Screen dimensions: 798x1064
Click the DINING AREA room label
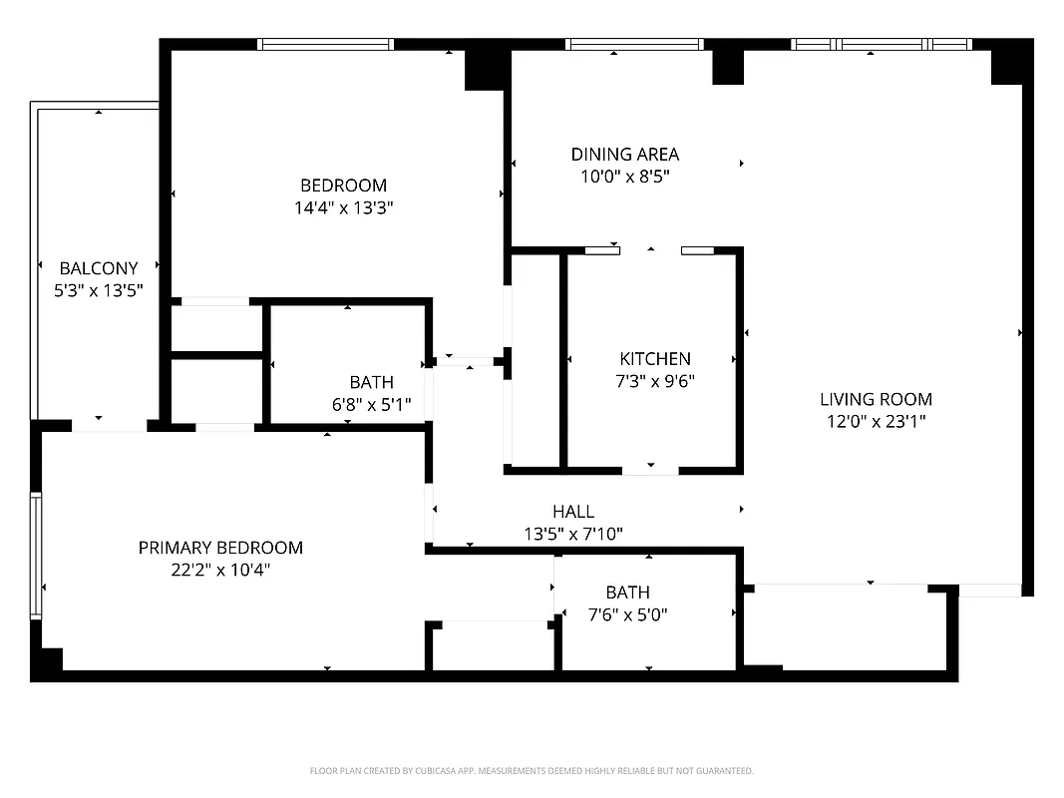coord(624,154)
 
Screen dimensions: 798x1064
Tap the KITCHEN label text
coord(654,358)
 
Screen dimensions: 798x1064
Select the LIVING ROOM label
coord(876,399)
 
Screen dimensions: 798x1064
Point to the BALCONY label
coord(99,267)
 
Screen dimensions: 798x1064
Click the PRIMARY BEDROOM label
coord(220,548)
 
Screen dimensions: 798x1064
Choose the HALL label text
coord(573,512)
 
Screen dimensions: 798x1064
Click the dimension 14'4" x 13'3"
coord(343,207)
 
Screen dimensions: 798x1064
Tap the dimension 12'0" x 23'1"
coord(876,421)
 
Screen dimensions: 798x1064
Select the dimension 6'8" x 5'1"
coord(371,404)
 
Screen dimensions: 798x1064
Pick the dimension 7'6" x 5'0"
coord(627,614)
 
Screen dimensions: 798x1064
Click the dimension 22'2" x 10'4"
coord(220,570)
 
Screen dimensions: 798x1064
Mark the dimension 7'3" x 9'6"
coord(654,380)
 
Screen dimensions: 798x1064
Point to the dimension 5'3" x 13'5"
coord(99,290)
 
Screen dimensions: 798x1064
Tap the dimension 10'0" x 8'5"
coord(624,177)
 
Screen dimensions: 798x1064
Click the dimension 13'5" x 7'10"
coord(573,534)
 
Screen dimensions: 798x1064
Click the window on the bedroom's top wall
coord(325,44)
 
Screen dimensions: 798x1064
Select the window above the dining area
coord(634,44)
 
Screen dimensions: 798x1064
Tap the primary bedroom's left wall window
coord(37,555)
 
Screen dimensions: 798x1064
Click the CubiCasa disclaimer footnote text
coord(532,771)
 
